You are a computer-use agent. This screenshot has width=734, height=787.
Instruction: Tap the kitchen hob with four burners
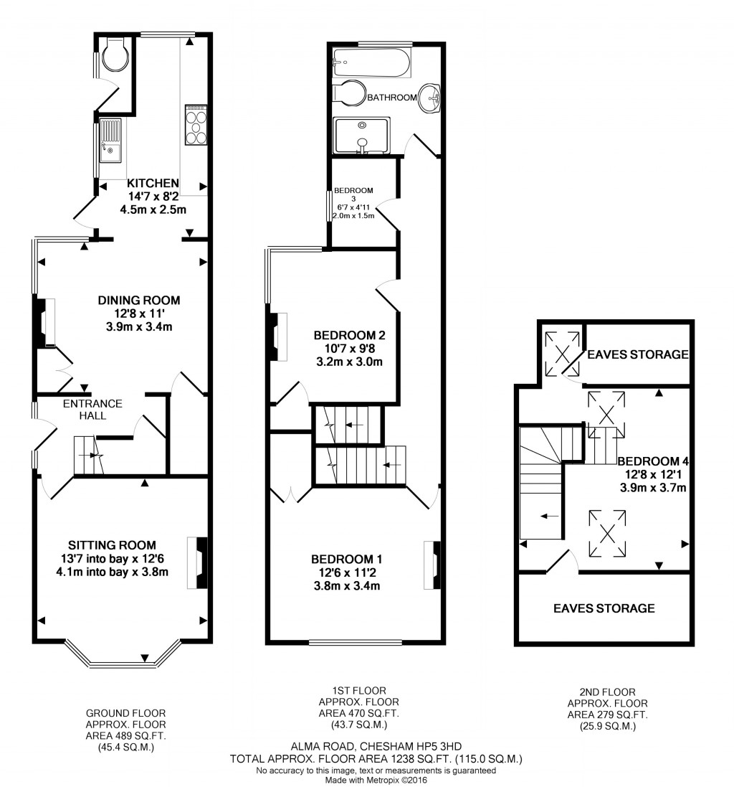tap(196, 125)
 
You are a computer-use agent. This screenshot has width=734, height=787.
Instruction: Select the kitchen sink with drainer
tap(112, 140)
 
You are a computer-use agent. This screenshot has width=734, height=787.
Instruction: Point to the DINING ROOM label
tap(139, 300)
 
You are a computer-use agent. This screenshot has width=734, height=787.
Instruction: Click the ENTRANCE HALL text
tap(92, 409)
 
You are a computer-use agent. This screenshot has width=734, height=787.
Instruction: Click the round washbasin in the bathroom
tap(430, 97)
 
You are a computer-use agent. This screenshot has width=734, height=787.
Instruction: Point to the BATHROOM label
tap(391, 98)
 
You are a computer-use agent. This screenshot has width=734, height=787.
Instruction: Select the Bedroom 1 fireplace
tap(434, 565)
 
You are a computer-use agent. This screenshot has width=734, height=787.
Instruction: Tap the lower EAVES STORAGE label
tap(604, 608)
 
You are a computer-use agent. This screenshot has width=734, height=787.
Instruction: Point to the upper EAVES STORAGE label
tap(637, 354)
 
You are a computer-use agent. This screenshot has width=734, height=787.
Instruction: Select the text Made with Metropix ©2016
tap(376, 780)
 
